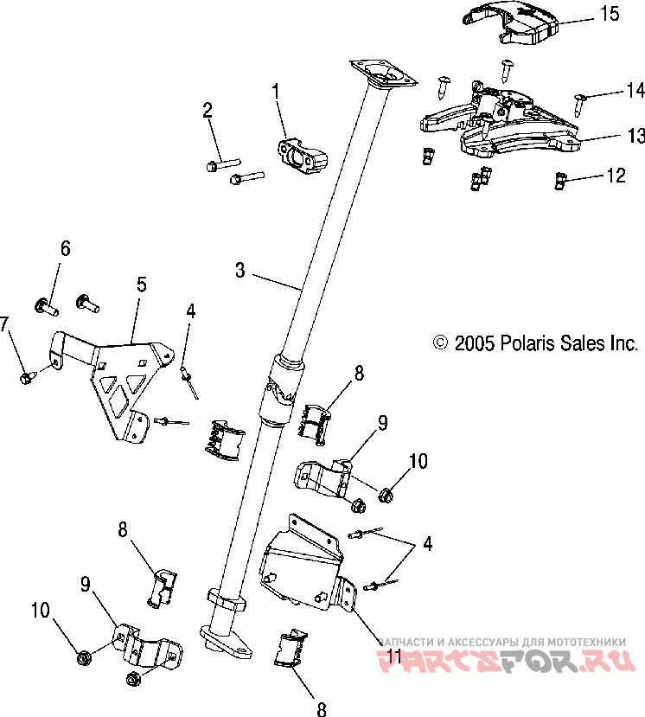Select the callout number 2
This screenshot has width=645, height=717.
pyautogui.click(x=208, y=110)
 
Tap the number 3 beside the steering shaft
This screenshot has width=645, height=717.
pyautogui.click(x=240, y=271)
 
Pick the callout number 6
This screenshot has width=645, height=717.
pyautogui.click(x=65, y=249)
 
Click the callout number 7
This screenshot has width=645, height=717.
pyautogui.click(x=6, y=324)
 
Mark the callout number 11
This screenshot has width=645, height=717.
pyautogui.click(x=393, y=657)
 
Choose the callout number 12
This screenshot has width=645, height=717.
pyautogui.click(x=615, y=176)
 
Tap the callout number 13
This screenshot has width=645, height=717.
pyautogui.click(x=635, y=136)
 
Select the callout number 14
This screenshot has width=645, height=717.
pyautogui.click(x=635, y=90)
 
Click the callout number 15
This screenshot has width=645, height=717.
pyautogui.click(x=609, y=13)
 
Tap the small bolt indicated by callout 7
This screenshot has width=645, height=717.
pyautogui.click(x=26, y=376)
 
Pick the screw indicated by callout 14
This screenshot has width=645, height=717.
pyautogui.click(x=578, y=101)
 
